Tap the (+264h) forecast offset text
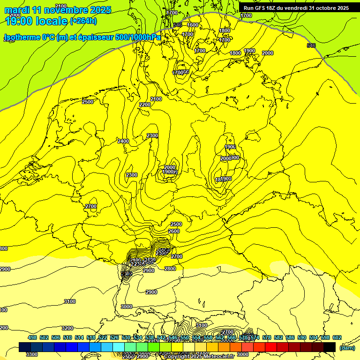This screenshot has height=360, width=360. click(x=83, y=21)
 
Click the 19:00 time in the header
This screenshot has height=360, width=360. click(x=21, y=21)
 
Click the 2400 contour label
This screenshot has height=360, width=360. click(x=123, y=141)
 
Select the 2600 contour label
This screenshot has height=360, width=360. click(x=174, y=231)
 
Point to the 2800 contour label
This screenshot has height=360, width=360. click(x=170, y=269)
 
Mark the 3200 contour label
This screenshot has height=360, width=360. click(x=67, y=328)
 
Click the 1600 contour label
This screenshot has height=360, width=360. click(x=193, y=25)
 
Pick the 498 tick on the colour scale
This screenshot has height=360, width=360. click(x=32, y=337)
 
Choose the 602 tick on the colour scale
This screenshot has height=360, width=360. click(x=337, y=337)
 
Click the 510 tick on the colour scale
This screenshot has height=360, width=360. click(x=67, y=337)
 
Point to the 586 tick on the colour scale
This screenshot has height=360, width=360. click(x=290, y=337)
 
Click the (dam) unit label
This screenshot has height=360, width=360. click(x=347, y=347)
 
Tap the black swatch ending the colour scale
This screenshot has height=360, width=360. click(x=330, y=347)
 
